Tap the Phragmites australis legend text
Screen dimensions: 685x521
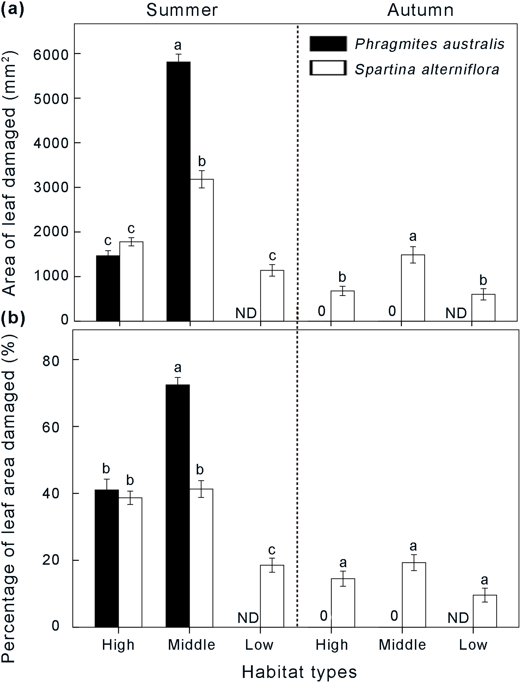pyautogui.click(x=430, y=44)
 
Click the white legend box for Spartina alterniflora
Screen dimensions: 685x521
pyautogui.click(x=327, y=68)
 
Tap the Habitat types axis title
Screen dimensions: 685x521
pyautogui.click(x=299, y=672)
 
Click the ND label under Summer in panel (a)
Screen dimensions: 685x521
pyautogui.click(x=246, y=313)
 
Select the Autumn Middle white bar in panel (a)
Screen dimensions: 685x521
pyautogui.click(x=413, y=287)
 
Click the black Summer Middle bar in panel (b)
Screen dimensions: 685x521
pyautogui.click(x=178, y=505)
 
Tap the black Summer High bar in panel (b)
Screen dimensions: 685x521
pyautogui.click(x=106, y=558)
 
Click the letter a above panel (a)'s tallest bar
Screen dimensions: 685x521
pyautogui.click(x=178, y=45)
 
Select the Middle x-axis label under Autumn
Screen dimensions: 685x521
pyautogui.click(x=403, y=645)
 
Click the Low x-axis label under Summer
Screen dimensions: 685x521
pyautogui.click(x=259, y=645)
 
